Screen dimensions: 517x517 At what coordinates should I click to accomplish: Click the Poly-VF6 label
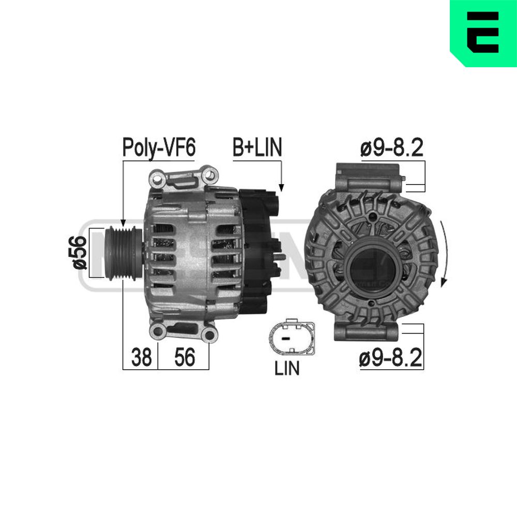(159, 148)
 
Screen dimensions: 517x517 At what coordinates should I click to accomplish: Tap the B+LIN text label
(257, 147)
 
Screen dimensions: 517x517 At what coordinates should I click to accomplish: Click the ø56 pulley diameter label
(79, 253)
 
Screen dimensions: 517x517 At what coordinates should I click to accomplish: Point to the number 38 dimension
(142, 357)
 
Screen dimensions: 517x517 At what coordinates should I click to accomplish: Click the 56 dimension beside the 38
(185, 357)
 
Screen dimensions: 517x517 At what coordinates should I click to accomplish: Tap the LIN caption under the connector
(287, 368)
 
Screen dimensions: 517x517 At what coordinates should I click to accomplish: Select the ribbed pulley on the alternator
(123, 253)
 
